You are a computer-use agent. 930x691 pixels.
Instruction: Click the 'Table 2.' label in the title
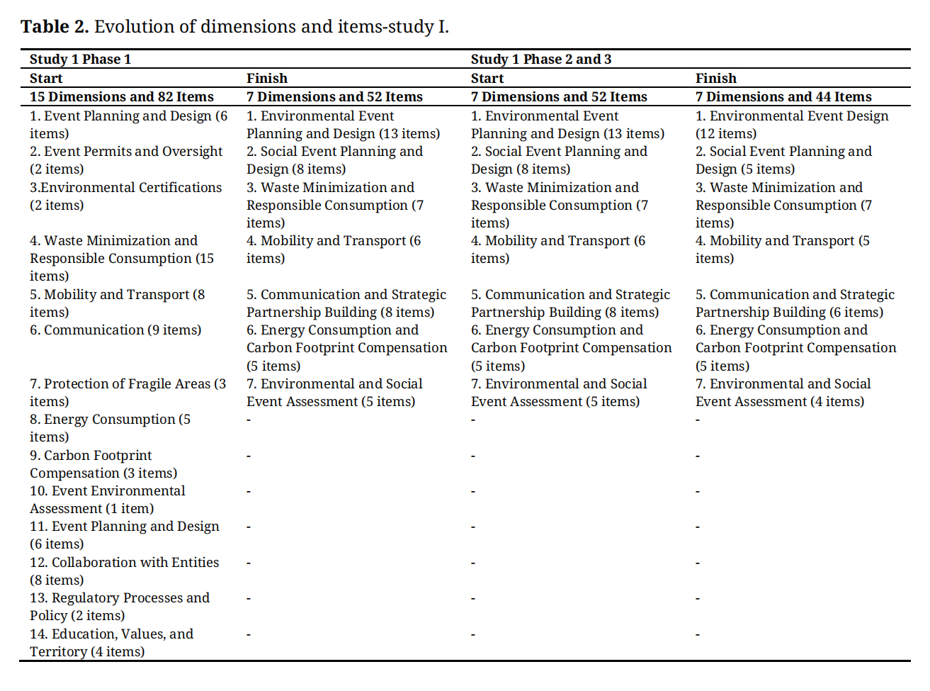pos(55,27)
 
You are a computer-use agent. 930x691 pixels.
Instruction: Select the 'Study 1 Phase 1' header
pos(80,60)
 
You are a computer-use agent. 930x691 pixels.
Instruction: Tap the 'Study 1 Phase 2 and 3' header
pos(540,60)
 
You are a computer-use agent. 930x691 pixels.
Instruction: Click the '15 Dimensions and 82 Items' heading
pos(122,97)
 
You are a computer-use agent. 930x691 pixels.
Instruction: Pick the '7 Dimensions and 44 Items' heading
pos(783,97)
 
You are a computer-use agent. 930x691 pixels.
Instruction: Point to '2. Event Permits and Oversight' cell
pos(126,160)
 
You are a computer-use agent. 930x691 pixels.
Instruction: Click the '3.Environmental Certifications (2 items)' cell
pos(126,196)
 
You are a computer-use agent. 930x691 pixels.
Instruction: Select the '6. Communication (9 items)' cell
pos(115,330)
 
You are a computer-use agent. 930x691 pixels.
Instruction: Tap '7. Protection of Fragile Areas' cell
pos(127,393)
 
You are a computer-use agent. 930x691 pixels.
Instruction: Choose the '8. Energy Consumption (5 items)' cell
pos(110,428)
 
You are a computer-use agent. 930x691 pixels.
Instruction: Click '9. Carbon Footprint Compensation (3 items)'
pos(103,464)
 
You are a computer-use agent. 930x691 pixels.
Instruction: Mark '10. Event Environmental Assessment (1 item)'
pos(108,500)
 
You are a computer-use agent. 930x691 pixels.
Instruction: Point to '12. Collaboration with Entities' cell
pos(124,571)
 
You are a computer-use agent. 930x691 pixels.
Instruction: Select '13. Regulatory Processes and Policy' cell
pos(120,607)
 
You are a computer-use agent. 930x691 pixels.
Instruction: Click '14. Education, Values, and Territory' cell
pos(111,643)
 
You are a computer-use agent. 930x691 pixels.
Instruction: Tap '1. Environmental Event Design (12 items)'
pos(792,125)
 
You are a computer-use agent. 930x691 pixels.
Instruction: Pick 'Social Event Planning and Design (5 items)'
pos(783,160)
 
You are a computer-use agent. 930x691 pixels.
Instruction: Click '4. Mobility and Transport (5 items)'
pos(783,249)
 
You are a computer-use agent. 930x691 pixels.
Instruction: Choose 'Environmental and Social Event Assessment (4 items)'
pos(783,393)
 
